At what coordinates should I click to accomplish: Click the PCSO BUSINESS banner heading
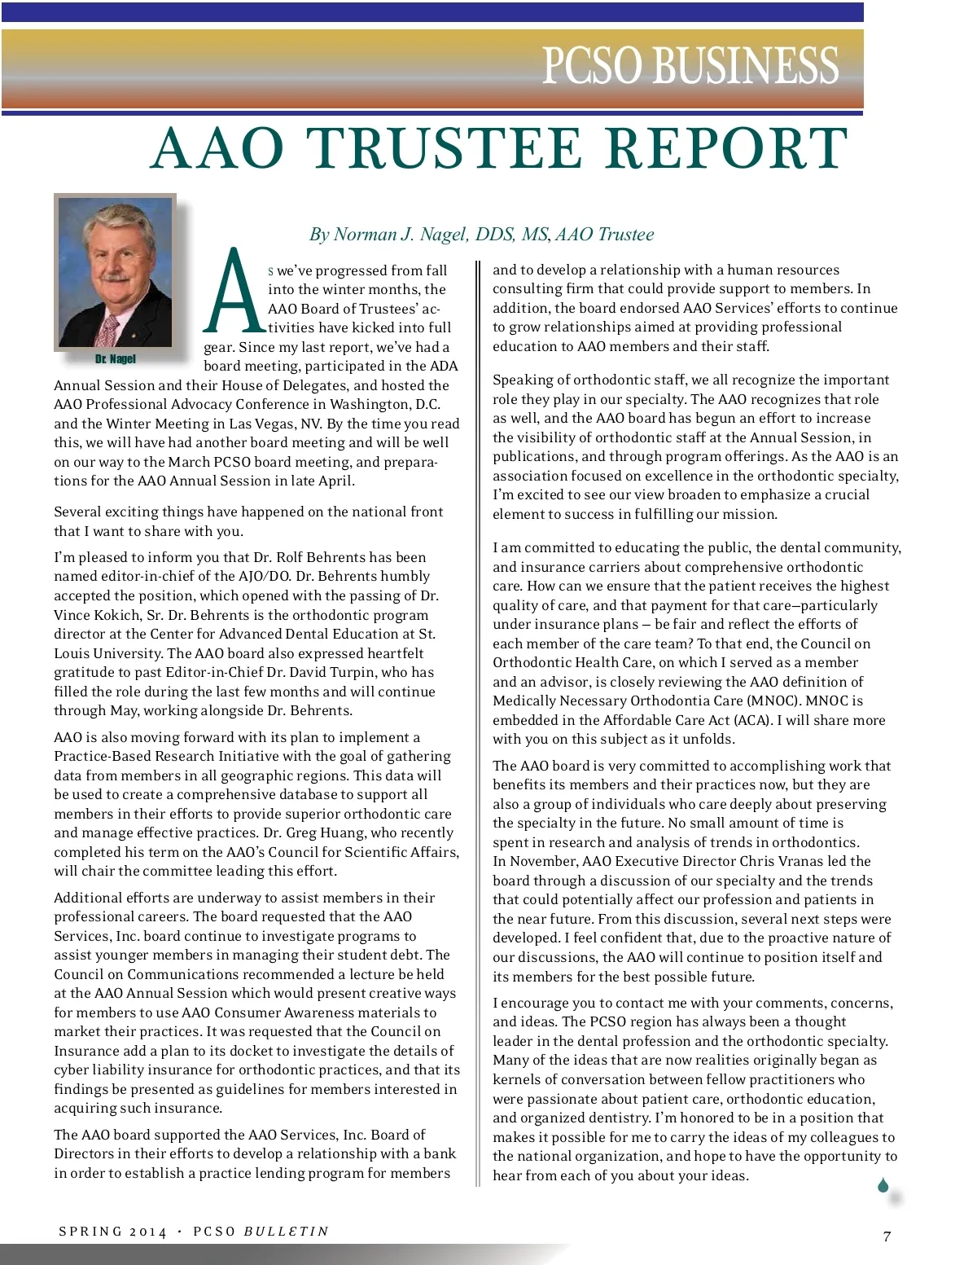coord(690,66)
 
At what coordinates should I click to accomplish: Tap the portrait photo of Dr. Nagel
coord(115,271)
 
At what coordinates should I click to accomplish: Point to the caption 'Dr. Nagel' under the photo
coord(116,359)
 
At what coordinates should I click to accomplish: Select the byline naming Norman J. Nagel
coord(481,235)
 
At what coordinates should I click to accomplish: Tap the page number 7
coord(887,1236)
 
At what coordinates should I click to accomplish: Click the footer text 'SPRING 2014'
coord(112,1232)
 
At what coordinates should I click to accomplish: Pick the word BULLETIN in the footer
coord(287,1232)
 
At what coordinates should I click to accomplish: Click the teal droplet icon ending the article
coord(883,1185)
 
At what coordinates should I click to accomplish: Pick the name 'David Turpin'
coord(335,672)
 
